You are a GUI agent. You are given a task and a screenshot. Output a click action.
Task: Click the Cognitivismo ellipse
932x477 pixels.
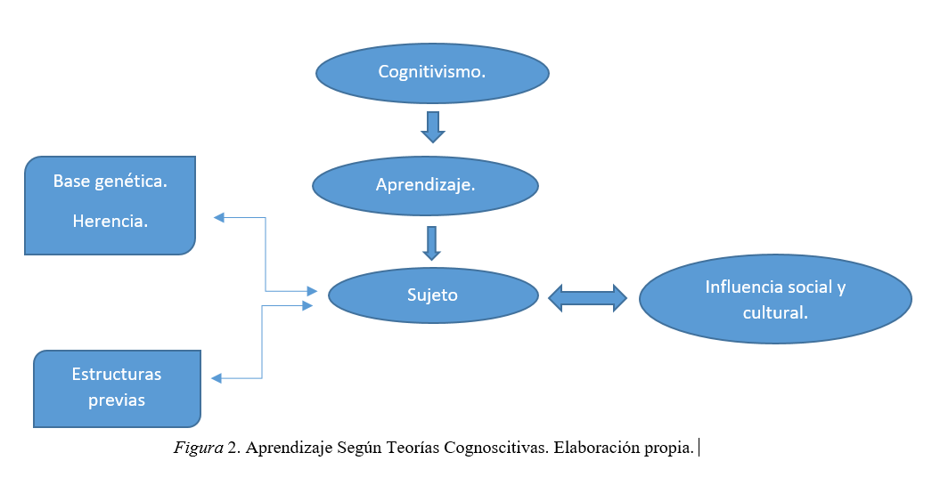(432, 72)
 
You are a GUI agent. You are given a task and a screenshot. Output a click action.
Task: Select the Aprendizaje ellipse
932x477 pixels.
(425, 186)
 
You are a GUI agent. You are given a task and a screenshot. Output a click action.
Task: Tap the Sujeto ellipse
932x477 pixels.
(433, 295)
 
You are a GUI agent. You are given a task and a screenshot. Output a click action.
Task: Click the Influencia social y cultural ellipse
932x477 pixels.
(775, 299)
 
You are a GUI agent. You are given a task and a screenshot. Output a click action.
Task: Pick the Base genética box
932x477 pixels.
(110, 206)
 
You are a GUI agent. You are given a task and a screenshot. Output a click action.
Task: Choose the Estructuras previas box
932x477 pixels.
(117, 389)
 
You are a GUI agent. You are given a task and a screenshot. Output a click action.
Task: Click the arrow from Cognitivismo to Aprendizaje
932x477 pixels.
(433, 126)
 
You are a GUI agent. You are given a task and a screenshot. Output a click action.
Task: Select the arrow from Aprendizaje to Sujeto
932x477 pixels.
(432, 242)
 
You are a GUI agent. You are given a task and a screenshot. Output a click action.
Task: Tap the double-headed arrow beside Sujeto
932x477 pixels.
(587, 297)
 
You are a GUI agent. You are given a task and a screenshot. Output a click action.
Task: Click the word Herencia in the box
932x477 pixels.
(110, 222)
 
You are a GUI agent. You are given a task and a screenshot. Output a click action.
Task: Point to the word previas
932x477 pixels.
(117, 400)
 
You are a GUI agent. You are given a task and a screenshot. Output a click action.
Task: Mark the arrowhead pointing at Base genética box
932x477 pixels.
(218, 217)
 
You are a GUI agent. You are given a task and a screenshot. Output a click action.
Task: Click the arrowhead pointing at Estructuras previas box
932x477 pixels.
(216, 378)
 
